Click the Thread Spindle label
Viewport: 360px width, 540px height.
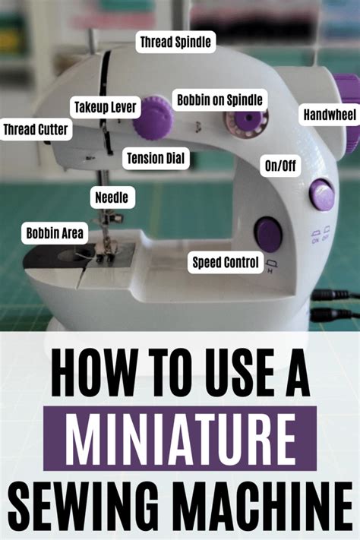pos(175,42)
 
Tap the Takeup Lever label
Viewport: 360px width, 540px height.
pos(105,107)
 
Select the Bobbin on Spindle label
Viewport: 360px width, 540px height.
pos(220,99)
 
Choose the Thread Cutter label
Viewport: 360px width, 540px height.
pos(36,130)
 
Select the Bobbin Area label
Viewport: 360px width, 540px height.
pos(53,232)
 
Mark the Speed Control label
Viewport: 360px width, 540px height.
pos(226,264)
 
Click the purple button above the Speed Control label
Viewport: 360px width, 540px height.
pos(267,234)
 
